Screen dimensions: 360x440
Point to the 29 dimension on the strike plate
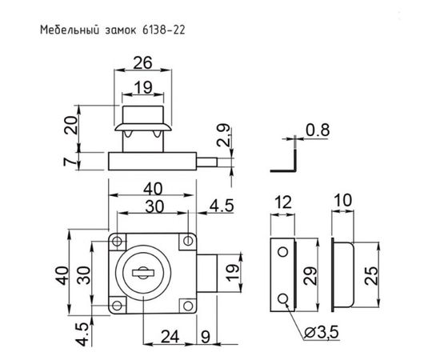312,277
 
